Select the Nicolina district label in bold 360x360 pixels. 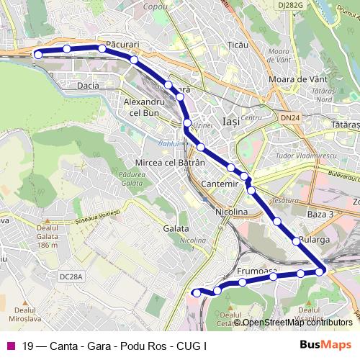232,212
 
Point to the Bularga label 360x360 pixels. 314,240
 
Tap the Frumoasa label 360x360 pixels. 257,271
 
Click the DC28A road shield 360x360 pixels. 72,276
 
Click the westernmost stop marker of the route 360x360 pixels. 39,53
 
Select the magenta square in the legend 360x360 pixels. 11,346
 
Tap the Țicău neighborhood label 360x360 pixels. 237,45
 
